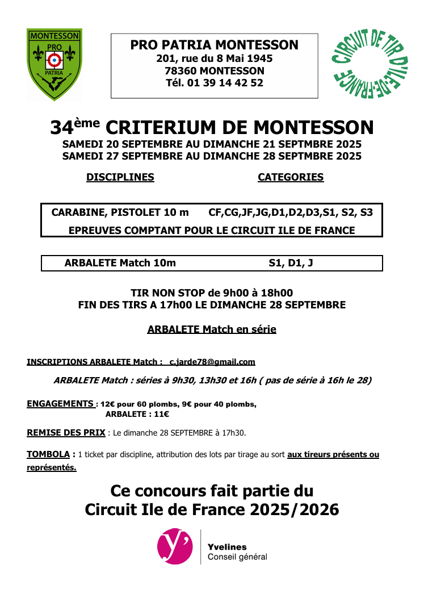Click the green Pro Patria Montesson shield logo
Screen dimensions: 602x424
(x=55, y=64)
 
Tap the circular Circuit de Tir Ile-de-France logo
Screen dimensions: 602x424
(x=370, y=64)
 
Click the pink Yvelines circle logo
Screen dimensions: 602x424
(x=175, y=546)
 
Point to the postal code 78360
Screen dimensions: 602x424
(x=180, y=71)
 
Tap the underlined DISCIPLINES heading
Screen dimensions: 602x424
(x=120, y=177)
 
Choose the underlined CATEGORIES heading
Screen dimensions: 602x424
(x=291, y=177)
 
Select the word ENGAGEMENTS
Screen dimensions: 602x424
(x=61, y=404)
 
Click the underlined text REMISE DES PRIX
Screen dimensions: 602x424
(x=66, y=433)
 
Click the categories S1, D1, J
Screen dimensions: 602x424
(x=291, y=263)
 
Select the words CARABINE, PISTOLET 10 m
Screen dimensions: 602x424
(x=120, y=213)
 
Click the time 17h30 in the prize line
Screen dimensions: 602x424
(x=233, y=433)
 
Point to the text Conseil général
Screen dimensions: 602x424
(x=237, y=557)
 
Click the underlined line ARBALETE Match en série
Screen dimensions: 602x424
(x=211, y=329)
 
